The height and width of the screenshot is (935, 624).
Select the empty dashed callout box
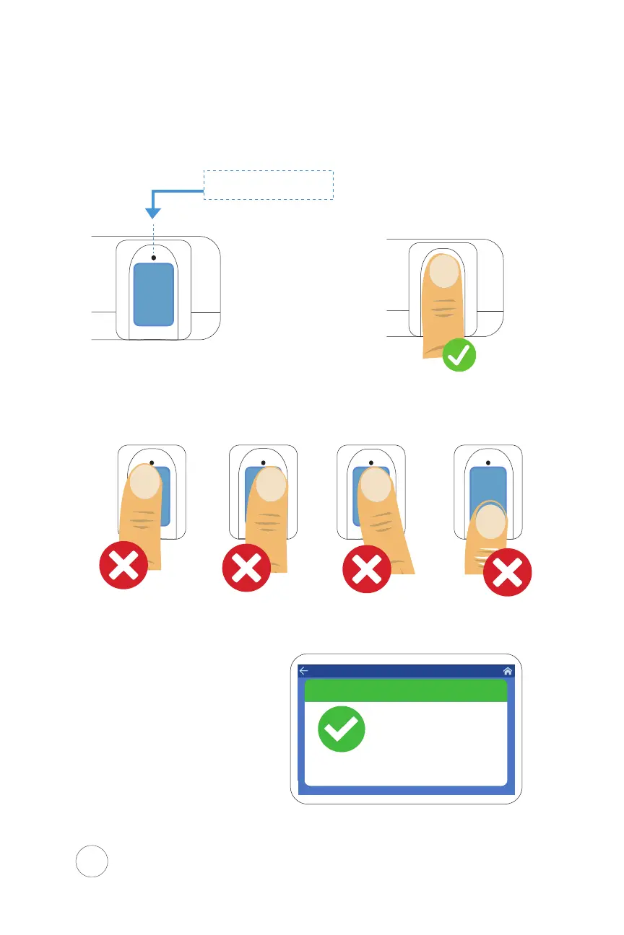click(268, 184)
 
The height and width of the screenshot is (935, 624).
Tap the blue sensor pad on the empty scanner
click(154, 294)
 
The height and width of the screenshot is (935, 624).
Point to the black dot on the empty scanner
click(154, 258)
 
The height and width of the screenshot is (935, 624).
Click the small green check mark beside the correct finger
click(459, 354)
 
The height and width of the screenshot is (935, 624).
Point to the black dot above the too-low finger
click(488, 462)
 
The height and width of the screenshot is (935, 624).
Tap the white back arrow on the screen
click(304, 671)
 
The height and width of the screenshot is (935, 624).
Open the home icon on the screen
click(508, 671)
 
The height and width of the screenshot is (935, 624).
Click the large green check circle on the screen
click(341, 729)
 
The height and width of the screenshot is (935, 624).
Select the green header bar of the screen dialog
click(405, 690)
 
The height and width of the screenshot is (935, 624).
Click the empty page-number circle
click(92, 861)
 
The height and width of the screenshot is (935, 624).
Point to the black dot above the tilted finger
click(371, 462)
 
